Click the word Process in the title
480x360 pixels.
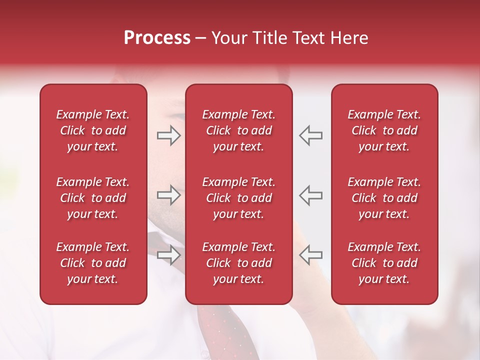157,38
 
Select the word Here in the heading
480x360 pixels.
349,38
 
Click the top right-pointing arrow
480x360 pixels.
168,135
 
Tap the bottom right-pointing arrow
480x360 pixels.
168,255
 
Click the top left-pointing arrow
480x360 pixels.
311,135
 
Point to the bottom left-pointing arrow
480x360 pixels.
311,254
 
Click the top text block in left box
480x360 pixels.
93,130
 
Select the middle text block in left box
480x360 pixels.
93,198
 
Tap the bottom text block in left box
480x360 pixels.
93,263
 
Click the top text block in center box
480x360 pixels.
238,130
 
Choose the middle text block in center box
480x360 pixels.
238,198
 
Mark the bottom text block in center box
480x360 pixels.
238,263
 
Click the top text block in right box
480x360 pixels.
384,130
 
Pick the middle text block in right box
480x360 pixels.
384,198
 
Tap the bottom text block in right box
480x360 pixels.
384,263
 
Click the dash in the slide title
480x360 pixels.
200,38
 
